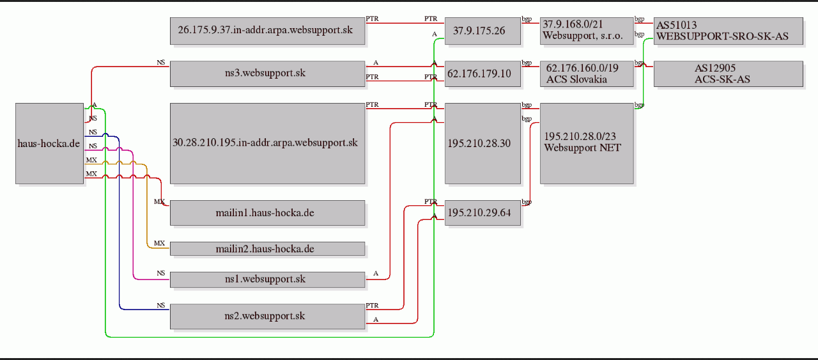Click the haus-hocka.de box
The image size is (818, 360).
pyautogui.click(x=49, y=143)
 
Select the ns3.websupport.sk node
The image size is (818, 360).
pyautogui.click(x=267, y=74)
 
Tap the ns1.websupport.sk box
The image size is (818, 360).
pyautogui.click(x=267, y=279)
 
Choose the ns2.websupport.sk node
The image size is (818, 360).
pyautogui.click(x=267, y=317)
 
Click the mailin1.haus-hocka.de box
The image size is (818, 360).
pyautogui.click(x=267, y=213)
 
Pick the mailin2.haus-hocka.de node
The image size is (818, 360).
pyautogui.click(x=267, y=249)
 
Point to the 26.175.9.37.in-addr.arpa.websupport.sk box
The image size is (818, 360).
pyautogui.click(x=267, y=31)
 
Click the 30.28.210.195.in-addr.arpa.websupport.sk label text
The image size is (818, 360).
pyautogui.click(x=265, y=143)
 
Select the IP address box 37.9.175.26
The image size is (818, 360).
pyautogui.click(x=482, y=31)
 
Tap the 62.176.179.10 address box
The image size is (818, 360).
pyautogui.click(x=482, y=74)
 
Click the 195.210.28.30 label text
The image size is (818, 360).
pyautogui.click(x=479, y=143)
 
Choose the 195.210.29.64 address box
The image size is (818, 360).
pyautogui.click(x=482, y=213)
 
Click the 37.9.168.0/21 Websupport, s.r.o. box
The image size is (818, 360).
pyautogui.click(x=587, y=31)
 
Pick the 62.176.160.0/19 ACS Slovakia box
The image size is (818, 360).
pyautogui.click(x=587, y=74)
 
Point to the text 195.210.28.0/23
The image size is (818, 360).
pyautogui.click(x=580, y=136)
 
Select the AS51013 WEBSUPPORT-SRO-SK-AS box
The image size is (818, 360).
pyautogui.click(x=728, y=31)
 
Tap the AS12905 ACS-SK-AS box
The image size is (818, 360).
pyautogui.click(x=728, y=74)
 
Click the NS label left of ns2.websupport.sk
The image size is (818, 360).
pyautogui.click(x=160, y=305)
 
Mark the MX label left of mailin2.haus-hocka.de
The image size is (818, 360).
pyautogui.click(x=159, y=243)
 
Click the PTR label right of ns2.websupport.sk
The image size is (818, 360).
pyautogui.click(x=372, y=305)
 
